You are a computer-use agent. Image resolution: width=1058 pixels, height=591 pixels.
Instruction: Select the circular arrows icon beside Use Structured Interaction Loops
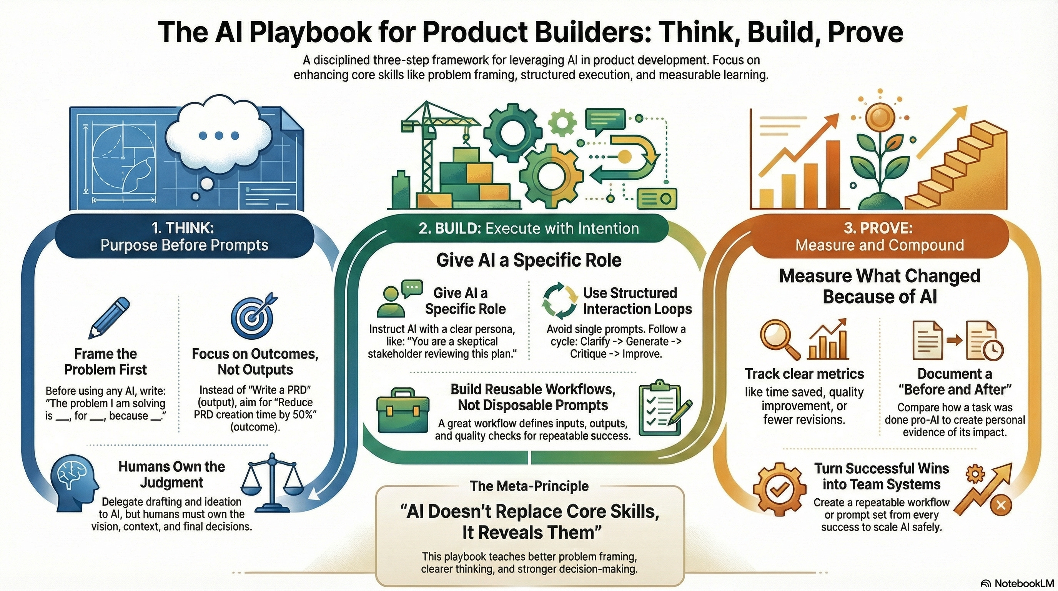click(559, 301)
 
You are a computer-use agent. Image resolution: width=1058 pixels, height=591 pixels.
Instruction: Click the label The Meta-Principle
click(529, 486)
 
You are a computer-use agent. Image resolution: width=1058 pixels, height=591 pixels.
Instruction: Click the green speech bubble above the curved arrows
click(606, 120)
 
